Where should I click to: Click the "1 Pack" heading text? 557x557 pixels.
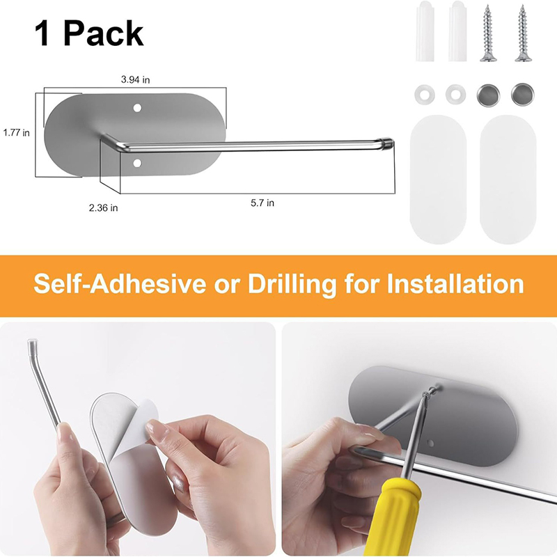[x=89, y=33]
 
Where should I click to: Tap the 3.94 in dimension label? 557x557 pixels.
[x=135, y=79]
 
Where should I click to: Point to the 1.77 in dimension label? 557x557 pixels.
[x=16, y=133]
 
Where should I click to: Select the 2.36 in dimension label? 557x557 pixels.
[x=103, y=207]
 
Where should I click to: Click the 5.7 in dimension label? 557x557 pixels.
[x=262, y=203]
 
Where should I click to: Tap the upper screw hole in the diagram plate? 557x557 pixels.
[x=137, y=108]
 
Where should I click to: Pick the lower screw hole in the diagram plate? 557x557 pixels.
[x=137, y=164]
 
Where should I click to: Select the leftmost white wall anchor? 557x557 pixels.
[x=425, y=31]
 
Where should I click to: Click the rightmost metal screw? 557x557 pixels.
[x=521, y=33]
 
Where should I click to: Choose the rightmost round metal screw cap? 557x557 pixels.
[x=523, y=95]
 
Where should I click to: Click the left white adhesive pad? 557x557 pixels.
[x=438, y=179]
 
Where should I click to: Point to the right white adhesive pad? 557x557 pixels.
[x=508, y=179]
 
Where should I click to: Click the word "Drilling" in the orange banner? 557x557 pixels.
[x=292, y=285]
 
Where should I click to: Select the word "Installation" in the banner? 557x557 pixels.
[x=455, y=283]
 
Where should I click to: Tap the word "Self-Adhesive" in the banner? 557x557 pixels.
[x=120, y=284]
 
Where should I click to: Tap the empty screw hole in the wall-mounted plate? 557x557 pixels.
[x=430, y=443]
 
